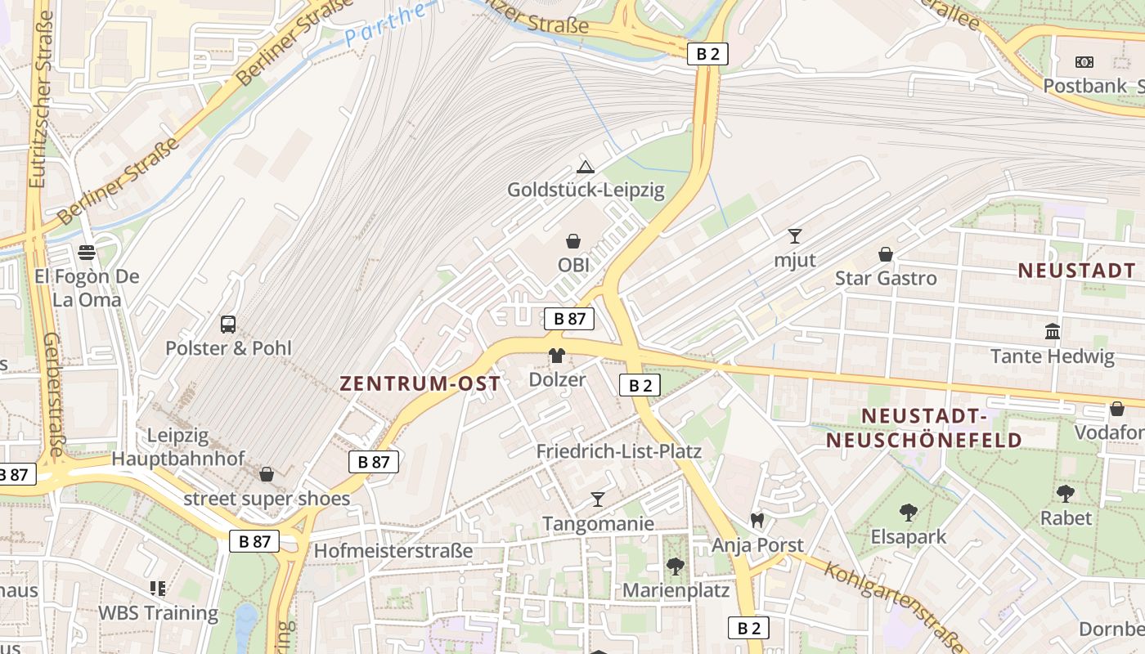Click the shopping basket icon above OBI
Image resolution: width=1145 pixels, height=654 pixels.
point(573,241)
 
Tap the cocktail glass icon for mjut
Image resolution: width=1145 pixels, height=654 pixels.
point(795,236)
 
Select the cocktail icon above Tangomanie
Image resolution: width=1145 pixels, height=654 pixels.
point(598,499)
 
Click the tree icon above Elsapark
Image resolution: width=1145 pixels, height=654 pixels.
point(908,513)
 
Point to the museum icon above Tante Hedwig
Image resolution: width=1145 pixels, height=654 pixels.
point(1053,332)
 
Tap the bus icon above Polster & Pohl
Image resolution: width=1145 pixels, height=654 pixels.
point(228,324)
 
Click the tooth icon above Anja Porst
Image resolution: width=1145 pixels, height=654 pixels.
point(757,520)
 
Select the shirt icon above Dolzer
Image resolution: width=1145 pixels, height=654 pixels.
point(557,356)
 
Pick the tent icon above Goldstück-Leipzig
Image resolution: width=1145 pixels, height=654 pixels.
point(585,167)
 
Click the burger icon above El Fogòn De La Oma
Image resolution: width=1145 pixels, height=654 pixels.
point(87,252)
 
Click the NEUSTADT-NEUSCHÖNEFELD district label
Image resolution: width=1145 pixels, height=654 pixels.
point(924,428)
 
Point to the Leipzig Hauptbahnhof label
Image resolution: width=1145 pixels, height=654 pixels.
point(177,446)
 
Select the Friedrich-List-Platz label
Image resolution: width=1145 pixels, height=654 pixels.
point(618,451)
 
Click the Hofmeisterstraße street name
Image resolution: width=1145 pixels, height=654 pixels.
point(393,551)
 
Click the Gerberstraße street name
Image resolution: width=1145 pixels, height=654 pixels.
point(53,394)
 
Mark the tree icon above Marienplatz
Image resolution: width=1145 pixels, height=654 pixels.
point(675,566)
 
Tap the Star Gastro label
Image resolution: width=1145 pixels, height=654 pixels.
point(885,278)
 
